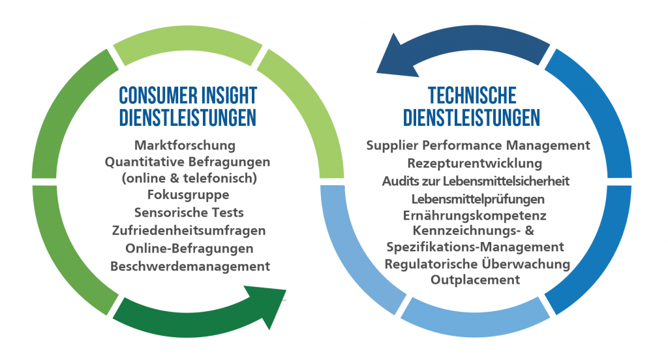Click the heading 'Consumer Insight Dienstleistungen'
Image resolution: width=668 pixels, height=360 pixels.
tap(188, 106)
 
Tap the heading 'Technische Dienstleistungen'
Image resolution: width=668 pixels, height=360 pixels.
tap(472, 106)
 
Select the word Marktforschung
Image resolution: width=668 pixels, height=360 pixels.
tap(185, 145)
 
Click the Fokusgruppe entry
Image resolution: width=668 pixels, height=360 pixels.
tap(189, 195)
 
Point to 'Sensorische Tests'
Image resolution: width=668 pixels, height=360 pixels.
tap(189, 212)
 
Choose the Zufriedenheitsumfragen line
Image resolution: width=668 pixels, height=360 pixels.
tap(189, 230)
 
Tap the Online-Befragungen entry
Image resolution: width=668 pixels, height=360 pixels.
tap(189, 248)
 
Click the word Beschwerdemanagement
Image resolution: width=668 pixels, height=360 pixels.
tap(190, 266)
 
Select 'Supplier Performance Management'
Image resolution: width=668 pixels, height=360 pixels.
tap(478, 145)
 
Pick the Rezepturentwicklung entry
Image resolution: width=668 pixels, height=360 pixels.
tap(475, 163)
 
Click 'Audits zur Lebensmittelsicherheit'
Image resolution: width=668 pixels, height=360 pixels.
tap(476, 181)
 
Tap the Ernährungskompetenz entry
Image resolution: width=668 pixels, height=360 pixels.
tap(475, 216)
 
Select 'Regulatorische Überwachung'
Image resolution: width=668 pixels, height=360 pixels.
tap(477, 263)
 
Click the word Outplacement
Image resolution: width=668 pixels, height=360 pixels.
tap(475, 280)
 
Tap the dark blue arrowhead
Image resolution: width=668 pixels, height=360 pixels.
tap(396, 57)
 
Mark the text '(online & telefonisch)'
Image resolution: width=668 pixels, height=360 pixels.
tap(189, 178)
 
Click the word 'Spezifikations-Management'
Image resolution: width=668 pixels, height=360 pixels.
tap(475, 247)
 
